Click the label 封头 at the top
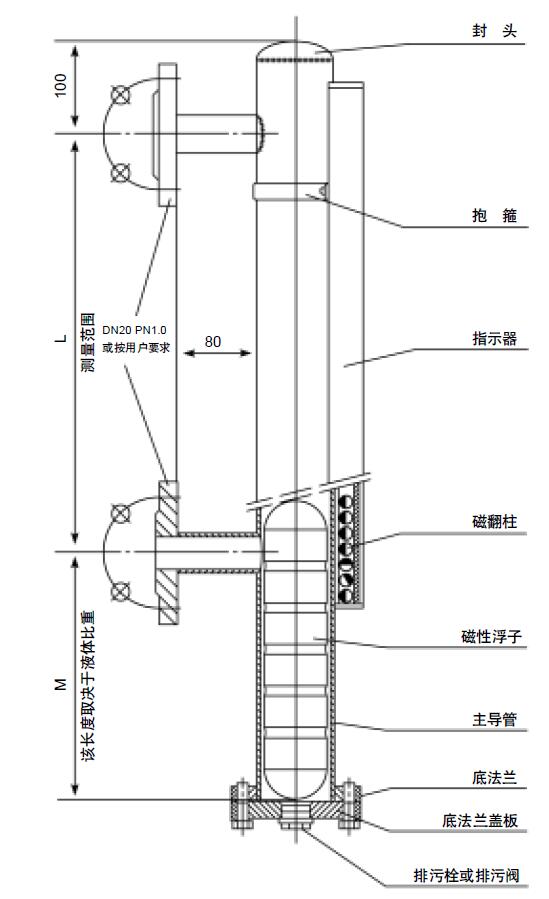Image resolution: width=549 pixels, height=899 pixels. (x=494, y=31)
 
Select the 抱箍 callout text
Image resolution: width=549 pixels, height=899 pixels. (x=494, y=216)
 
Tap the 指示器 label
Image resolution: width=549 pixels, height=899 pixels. (x=495, y=338)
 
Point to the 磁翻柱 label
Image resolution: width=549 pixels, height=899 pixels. (x=495, y=522)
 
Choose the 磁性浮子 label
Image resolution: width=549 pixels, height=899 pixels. (x=492, y=636)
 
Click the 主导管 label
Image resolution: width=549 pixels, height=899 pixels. (x=495, y=719)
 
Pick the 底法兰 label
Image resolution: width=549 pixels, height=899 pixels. (x=495, y=777)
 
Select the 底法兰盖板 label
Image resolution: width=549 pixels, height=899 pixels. (x=480, y=820)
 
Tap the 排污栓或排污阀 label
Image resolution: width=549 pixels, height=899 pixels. (x=466, y=875)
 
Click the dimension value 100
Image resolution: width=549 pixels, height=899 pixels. (x=60, y=85)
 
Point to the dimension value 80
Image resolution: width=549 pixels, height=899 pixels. (x=213, y=342)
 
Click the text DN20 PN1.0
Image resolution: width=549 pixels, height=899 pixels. (x=135, y=330)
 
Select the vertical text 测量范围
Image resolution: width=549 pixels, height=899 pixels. (x=88, y=342)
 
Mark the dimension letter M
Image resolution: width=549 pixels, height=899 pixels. (x=61, y=684)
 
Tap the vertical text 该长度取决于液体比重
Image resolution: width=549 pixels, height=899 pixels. (x=88, y=686)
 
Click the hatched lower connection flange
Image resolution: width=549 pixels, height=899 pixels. (x=168, y=552)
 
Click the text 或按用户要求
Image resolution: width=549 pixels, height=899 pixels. (x=136, y=347)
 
